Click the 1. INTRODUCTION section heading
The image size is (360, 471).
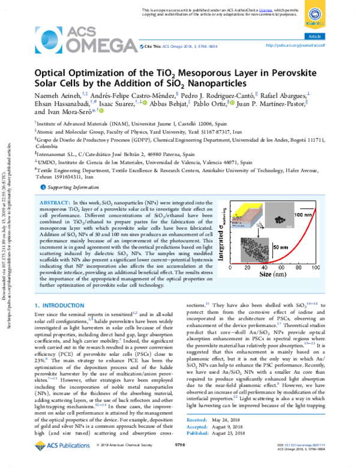(x=61, y=305)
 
